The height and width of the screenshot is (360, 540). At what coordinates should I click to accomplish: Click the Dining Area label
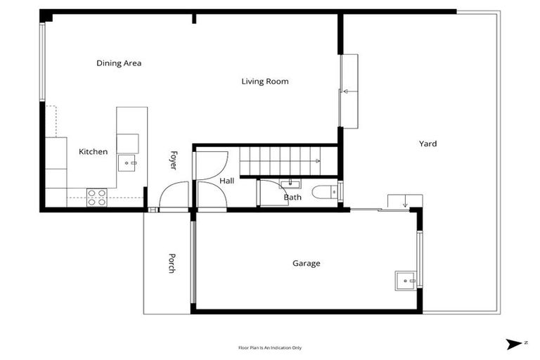pos(119,63)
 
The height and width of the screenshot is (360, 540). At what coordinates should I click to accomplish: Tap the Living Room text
pos(265,82)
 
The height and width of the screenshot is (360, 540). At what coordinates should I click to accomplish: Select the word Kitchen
pos(93,152)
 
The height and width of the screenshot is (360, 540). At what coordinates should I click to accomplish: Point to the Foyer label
pos(172,160)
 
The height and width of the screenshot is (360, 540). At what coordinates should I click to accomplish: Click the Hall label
pos(226,181)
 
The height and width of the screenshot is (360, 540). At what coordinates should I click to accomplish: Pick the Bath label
pos(292,198)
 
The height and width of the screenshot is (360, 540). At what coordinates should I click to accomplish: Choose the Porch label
pos(171,262)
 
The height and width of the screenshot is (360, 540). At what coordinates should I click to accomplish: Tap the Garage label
pos(306,264)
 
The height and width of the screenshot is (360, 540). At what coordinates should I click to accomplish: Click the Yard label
pos(427,144)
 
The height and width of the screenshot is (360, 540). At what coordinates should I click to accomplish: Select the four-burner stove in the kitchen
pos(96,197)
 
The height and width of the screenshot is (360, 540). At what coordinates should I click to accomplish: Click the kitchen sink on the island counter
pos(127,162)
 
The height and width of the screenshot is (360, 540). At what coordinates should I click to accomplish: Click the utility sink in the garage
pos(406,281)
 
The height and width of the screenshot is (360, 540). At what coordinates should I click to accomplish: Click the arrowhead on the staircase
pos(319,162)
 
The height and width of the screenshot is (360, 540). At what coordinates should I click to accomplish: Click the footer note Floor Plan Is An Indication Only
pos(270,347)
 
